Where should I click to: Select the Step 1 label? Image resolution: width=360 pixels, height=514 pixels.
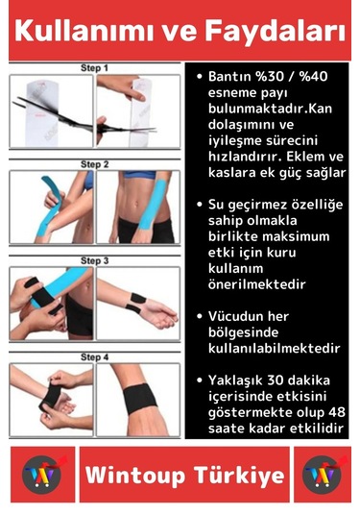pyautogui.click(x=94, y=69)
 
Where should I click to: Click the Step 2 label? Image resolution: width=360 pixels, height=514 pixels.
pyautogui.click(x=94, y=164)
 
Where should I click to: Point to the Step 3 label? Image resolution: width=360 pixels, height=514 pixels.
pyautogui.click(x=94, y=260)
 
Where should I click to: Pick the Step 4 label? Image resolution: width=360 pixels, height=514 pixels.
pyautogui.click(x=94, y=357)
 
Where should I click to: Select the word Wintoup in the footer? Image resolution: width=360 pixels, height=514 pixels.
pyautogui.click(x=132, y=476)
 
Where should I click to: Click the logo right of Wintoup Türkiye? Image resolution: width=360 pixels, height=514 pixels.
pyautogui.click(x=321, y=475)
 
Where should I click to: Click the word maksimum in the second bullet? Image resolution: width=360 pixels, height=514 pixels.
pyautogui.click(x=293, y=236)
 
